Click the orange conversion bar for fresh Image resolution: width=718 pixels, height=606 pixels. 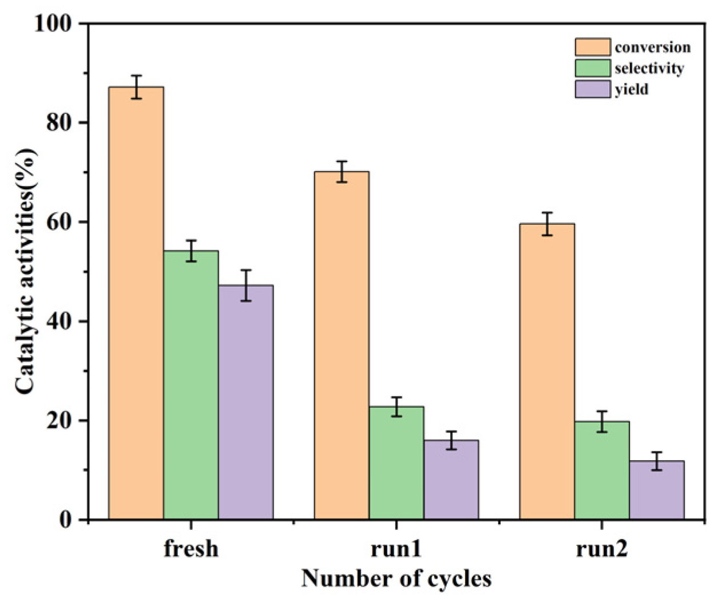(x=136, y=303)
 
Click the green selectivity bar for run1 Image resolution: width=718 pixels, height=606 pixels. (x=396, y=463)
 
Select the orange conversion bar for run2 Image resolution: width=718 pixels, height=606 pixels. (x=547, y=372)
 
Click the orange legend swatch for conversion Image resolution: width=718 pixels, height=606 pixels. (x=593, y=47)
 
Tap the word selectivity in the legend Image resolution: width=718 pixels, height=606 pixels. (x=649, y=68)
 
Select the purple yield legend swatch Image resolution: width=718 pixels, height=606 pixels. (x=593, y=89)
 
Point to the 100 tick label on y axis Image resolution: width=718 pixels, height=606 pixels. (x=53, y=23)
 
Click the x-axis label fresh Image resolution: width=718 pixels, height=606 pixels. (x=191, y=548)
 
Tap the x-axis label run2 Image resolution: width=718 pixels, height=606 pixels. (x=602, y=548)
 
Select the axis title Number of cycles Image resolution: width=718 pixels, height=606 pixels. (x=396, y=579)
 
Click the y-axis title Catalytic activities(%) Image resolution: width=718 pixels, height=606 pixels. (x=26, y=271)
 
